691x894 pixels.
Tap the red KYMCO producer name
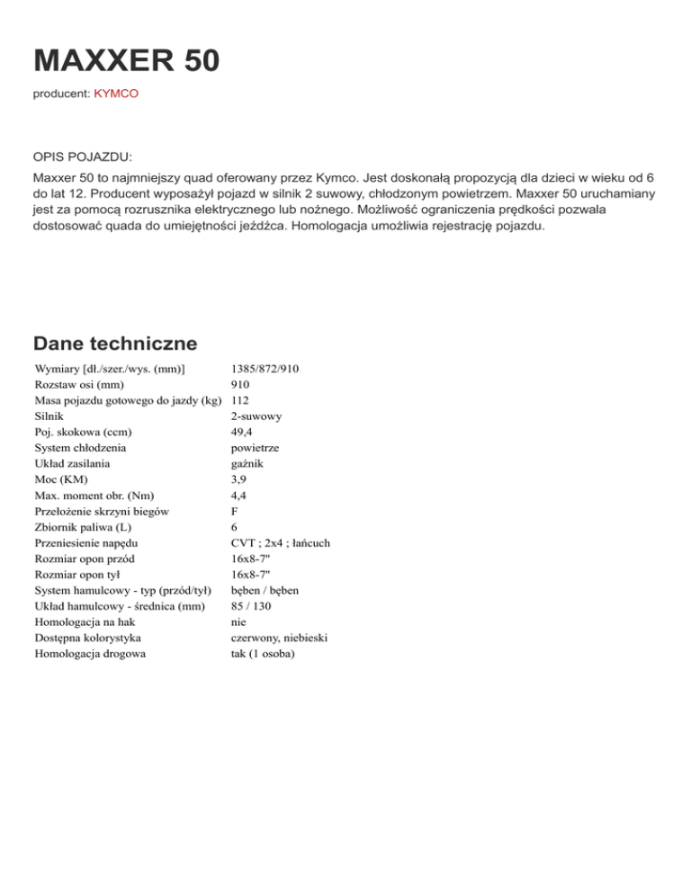click(x=116, y=94)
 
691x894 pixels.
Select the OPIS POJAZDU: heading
click(x=82, y=156)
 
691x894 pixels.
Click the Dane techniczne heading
click(x=115, y=344)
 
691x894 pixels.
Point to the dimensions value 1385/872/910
click(x=265, y=370)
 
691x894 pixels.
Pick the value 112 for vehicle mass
click(x=240, y=399)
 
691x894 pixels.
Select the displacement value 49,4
click(x=242, y=432)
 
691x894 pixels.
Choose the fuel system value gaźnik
click(x=248, y=463)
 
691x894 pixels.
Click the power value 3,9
click(x=238, y=478)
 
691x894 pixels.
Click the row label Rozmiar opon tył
click(x=78, y=574)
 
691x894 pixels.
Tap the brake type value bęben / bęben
click(x=265, y=590)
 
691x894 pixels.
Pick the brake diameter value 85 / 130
click(x=251, y=605)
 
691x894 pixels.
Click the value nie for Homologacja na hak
click(x=238, y=621)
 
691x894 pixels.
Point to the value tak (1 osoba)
click(x=264, y=653)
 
